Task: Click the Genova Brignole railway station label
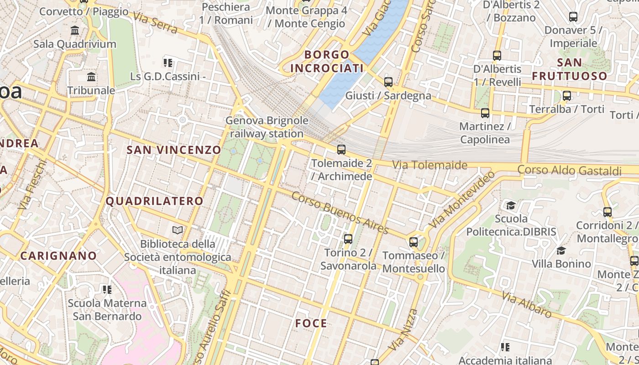point(267,127)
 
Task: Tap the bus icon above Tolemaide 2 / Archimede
point(341,149)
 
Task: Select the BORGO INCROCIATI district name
point(327,62)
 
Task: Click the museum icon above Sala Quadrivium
point(75,31)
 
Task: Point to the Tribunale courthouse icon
point(91,77)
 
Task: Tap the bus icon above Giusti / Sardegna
point(388,82)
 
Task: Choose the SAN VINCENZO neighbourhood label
point(173,150)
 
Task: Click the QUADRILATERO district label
point(155,201)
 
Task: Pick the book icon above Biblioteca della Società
point(178,230)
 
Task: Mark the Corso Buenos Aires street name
point(340,213)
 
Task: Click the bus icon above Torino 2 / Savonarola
point(348,239)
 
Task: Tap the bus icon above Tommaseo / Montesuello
point(414,242)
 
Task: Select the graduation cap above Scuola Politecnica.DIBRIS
point(511,205)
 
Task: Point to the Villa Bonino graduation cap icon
point(561,250)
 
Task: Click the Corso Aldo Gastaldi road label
point(569,171)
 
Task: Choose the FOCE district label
point(311,323)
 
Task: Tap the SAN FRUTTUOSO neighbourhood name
point(570,69)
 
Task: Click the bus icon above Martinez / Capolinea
point(485,113)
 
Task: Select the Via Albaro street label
point(526,304)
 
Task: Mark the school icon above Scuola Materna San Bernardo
point(107,289)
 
